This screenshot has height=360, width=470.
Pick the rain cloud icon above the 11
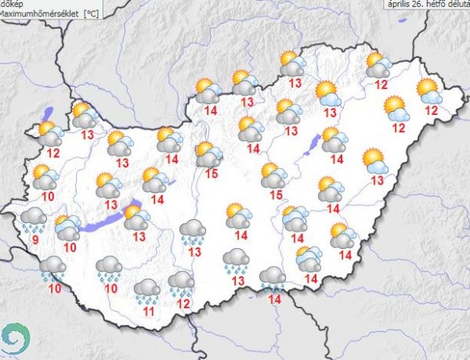point(146,290)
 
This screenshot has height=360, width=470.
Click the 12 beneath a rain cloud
point(183,303)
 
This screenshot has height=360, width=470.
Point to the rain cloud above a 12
point(182,283)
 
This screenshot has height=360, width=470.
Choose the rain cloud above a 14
point(273,277)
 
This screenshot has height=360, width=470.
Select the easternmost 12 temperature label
point(431,110)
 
